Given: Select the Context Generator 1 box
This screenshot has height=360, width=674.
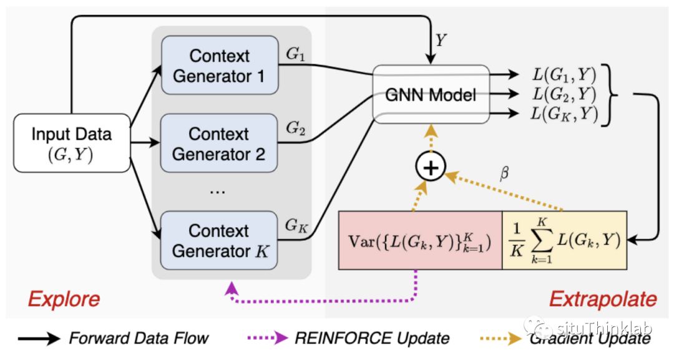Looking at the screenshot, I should click(x=219, y=66).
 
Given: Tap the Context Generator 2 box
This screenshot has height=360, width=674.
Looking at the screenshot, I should click(x=219, y=144).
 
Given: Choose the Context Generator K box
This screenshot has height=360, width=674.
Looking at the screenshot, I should click(x=219, y=241).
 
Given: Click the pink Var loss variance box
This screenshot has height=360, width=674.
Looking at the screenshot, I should click(x=420, y=241).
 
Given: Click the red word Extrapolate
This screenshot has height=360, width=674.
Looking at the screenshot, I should click(x=603, y=299).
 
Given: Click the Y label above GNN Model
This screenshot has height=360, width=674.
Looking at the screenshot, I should click(x=441, y=41).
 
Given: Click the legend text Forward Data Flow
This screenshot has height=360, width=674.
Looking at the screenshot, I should click(x=139, y=339).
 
